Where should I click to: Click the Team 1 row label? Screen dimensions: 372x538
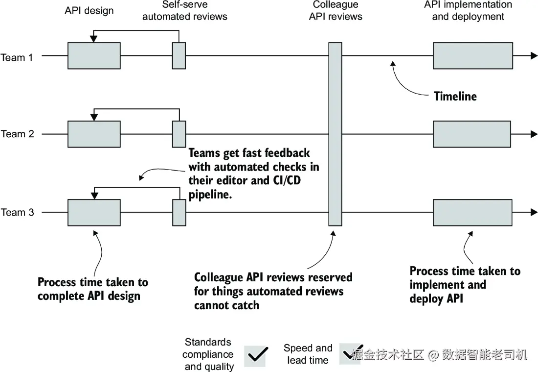click(x=17, y=58)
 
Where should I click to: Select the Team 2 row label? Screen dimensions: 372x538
click(x=17, y=134)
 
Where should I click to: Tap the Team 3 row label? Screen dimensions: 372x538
click(x=17, y=212)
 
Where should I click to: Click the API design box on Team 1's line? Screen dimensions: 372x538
click(x=94, y=55)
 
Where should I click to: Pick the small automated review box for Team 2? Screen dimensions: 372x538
click(x=179, y=133)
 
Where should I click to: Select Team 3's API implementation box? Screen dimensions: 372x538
click(x=472, y=212)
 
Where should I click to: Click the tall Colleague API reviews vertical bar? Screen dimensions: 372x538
click(x=335, y=134)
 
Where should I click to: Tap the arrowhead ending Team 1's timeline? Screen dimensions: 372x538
click(x=534, y=56)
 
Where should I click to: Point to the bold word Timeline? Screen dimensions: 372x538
click(x=455, y=97)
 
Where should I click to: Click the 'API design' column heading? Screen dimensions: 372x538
click(x=89, y=10)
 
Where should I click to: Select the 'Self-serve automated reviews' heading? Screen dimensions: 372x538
click(x=185, y=11)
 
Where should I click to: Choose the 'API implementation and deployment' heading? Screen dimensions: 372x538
click(x=468, y=10)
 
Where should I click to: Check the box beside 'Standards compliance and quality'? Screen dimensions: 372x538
click(x=255, y=354)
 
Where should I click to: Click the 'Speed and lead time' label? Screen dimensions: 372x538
click(x=308, y=354)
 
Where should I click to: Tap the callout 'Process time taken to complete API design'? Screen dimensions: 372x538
click(x=92, y=289)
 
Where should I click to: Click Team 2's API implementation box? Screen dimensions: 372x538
click(x=472, y=134)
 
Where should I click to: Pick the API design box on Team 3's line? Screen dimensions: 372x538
click(x=94, y=212)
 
